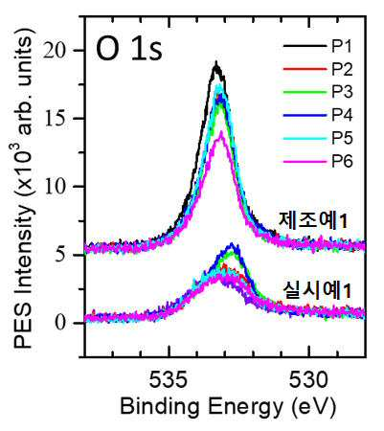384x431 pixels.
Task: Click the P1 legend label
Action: [x=342, y=46]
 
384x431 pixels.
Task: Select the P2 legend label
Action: [x=342, y=69]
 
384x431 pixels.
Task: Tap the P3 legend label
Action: [x=342, y=92]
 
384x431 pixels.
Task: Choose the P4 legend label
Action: [x=342, y=115]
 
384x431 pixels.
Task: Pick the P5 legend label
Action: [x=342, y=138]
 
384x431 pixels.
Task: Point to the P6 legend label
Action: [x=342, y=161]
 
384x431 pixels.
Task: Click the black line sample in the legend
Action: [x=305, y=46]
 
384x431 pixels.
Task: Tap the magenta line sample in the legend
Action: [x=305, y=162]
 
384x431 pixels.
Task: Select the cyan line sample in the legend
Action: [x=305, y=139]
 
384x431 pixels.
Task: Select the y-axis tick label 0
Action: [x=64, y=323]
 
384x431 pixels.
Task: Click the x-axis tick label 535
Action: [x=169, y=380]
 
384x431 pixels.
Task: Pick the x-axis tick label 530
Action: [x=308, y=380]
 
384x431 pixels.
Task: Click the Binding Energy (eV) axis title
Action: [x=228, y=406]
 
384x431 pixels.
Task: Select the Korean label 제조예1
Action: [x=312, y=220]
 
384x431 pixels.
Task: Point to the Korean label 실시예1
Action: [x=317, y=291]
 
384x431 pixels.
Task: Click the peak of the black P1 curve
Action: [x=216, y=62]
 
